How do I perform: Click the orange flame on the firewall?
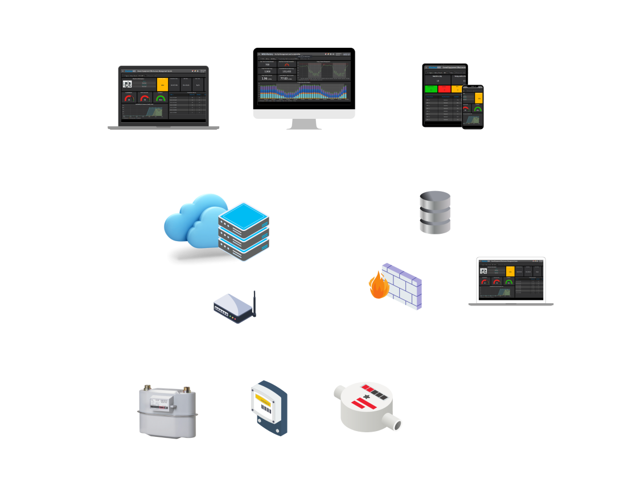coord(379,288)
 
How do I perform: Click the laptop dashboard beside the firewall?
coord(511,280)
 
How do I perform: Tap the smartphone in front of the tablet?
coord(473,107)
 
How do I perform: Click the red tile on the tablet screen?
coord(444,89)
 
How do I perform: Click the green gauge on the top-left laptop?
coord(161,98)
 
